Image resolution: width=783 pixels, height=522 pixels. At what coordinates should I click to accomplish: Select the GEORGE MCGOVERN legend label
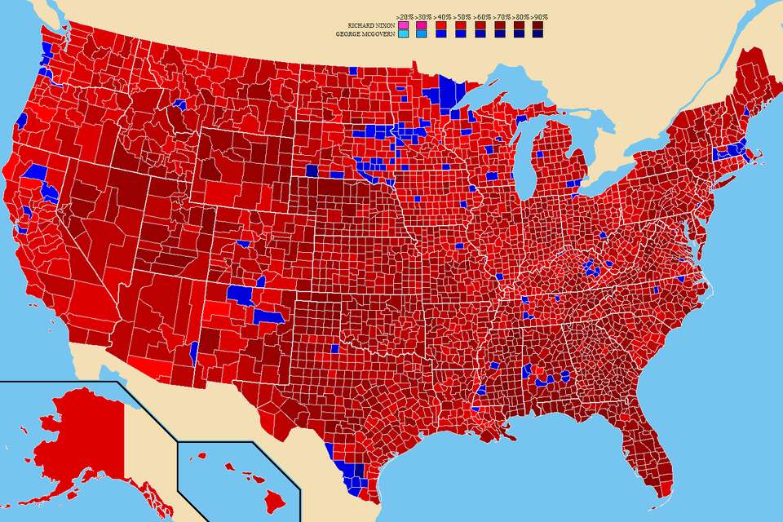[365, 34]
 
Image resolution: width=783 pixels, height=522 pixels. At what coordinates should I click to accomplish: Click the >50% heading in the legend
[461, 16]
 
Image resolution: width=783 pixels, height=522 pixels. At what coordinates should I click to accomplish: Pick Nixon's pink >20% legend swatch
[403, 25]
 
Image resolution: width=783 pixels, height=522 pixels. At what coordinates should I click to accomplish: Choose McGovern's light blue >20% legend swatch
[403, 34]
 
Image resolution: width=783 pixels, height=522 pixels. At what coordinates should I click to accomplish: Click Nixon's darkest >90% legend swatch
[537, 25]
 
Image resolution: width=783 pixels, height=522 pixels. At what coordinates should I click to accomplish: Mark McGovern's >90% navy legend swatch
[537, 34]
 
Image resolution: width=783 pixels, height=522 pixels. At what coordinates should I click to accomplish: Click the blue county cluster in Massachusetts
[729, 151]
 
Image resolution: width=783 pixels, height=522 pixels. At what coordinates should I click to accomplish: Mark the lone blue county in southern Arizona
[193, 353]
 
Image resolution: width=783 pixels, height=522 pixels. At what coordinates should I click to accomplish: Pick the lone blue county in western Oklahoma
[334, 348]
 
